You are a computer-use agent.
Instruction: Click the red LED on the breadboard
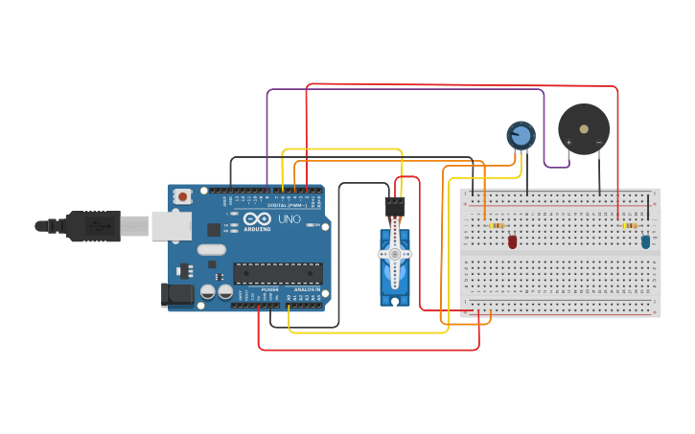click(x=512, y=241)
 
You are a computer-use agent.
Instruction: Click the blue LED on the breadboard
click(x=645, y=241)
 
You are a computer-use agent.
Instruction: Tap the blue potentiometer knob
click(x=521, y=135)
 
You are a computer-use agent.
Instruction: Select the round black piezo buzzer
click(x=584, y=128)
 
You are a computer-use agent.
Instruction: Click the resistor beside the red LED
click(x=496, y=226)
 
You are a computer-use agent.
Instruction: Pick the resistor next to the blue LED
click(x=630, y=226)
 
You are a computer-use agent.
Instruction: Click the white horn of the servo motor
click(x=394, y=253)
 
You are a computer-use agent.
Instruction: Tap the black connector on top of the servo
click(x=395, y=206)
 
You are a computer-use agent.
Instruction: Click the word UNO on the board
click(x=290, y=219)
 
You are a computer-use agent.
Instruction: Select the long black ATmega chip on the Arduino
click(x=278, y=273)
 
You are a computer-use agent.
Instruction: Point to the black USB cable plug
click(x=91, y=226)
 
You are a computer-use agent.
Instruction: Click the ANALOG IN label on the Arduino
click(x=307, y=289)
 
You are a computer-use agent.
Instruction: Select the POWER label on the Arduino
click(x=269, y=289)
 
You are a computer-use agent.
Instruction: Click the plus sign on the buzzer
click(x=568, y=143)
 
